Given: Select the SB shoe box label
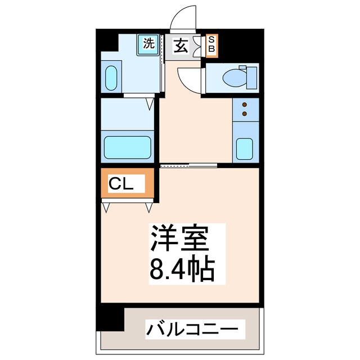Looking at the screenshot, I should pyautogui.click(x=211, y=44).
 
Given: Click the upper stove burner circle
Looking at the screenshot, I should pyautogui.click(x=245, y=104).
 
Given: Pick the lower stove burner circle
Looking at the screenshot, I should pyautogui.click(x=245, y=114).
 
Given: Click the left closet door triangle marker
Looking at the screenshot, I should pyautogui.click(x=106, y=208).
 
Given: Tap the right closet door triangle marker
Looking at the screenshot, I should pyautogui.click(x=149, y=208).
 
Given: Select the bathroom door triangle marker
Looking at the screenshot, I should pyautogui.click(x=150, y=104).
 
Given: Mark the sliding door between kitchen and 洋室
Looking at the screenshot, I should pyautogui.click(x=189, y=165).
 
